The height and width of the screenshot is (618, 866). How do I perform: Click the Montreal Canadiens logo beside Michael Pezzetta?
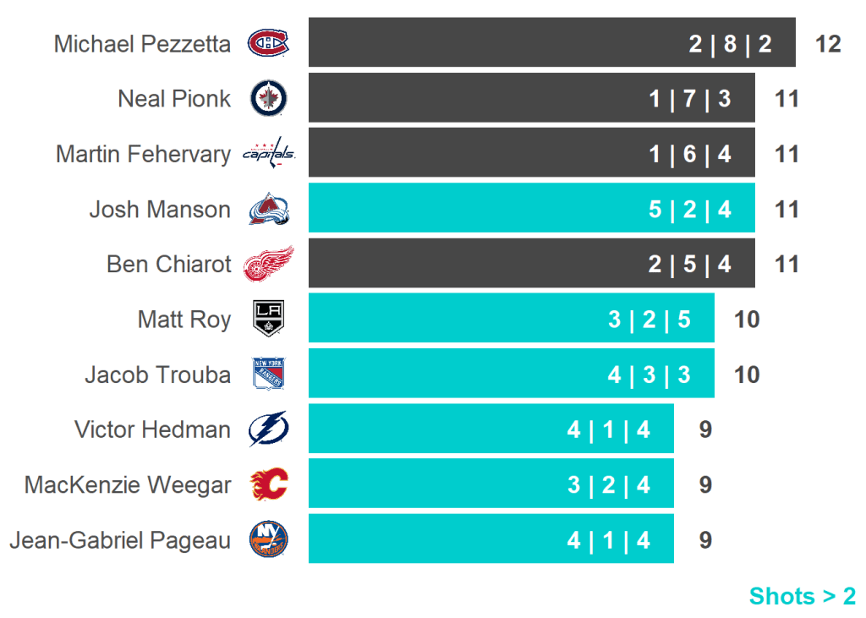click(x=268, y=43)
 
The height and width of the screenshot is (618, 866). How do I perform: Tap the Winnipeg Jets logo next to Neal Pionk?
click(x=268, y=99)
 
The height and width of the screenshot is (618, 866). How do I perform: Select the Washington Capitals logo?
click(x=268, y=154)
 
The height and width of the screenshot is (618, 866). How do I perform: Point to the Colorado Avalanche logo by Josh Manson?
click(x=268, y=209)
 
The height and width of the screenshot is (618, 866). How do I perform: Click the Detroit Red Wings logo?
click(x=268, y=264)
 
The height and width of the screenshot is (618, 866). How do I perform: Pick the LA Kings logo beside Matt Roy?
click(x=268, y=319)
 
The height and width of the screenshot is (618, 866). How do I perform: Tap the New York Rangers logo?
click(x=268, y=374)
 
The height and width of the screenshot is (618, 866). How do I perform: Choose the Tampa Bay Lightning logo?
click(x=268, y=429)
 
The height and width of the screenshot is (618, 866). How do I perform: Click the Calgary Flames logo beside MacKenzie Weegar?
click(x=268, y=484)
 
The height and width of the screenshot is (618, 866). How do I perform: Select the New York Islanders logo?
click(x=268, y=539)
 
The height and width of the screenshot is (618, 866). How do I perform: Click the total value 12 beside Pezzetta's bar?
click(x=828, y=44)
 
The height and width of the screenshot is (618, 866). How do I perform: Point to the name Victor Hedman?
click(x=152, y=429)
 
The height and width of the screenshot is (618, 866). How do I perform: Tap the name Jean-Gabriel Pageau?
click(x=119, y=540)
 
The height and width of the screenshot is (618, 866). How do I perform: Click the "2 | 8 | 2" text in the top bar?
click(x=730, y=44)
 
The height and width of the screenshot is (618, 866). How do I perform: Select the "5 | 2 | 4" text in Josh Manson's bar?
click(x=689, y=209)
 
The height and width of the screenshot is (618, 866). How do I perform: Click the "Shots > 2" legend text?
click(x=802, y=596)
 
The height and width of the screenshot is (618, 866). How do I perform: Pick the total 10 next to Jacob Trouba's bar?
click(x=747, y=375)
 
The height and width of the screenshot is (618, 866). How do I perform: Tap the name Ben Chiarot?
click(x=168, y=265)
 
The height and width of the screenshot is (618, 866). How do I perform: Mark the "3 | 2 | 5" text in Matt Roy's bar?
click(x=649, y=320)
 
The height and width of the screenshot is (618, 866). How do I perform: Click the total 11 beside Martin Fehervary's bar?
click(x=787, y=155)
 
